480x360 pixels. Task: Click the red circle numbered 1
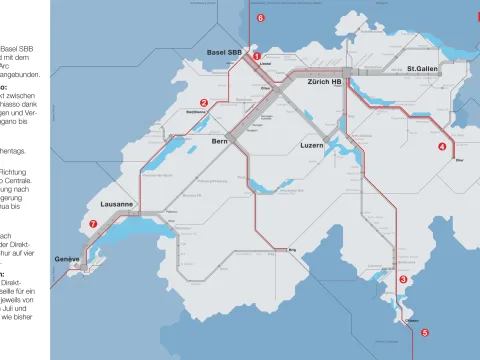tap(257, 57)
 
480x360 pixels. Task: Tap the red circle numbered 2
tap(203, 102)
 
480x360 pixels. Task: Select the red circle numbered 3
tap(403, 280)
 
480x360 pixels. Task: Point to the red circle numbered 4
tap(442, 146)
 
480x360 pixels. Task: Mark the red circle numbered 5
tap(424, 332)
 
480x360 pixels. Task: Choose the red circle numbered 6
tap(260, 18)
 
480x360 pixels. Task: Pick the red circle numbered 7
tap(93, 224)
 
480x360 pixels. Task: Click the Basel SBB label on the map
tap(224, 51)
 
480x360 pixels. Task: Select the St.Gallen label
tap(424, 70)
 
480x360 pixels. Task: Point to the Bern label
tap(220, 143)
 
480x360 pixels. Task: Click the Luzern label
tap(313, 146)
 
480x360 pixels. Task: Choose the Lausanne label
tap(117, 203)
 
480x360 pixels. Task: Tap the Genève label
tap(66, 259)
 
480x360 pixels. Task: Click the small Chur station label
tap(458, 159)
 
